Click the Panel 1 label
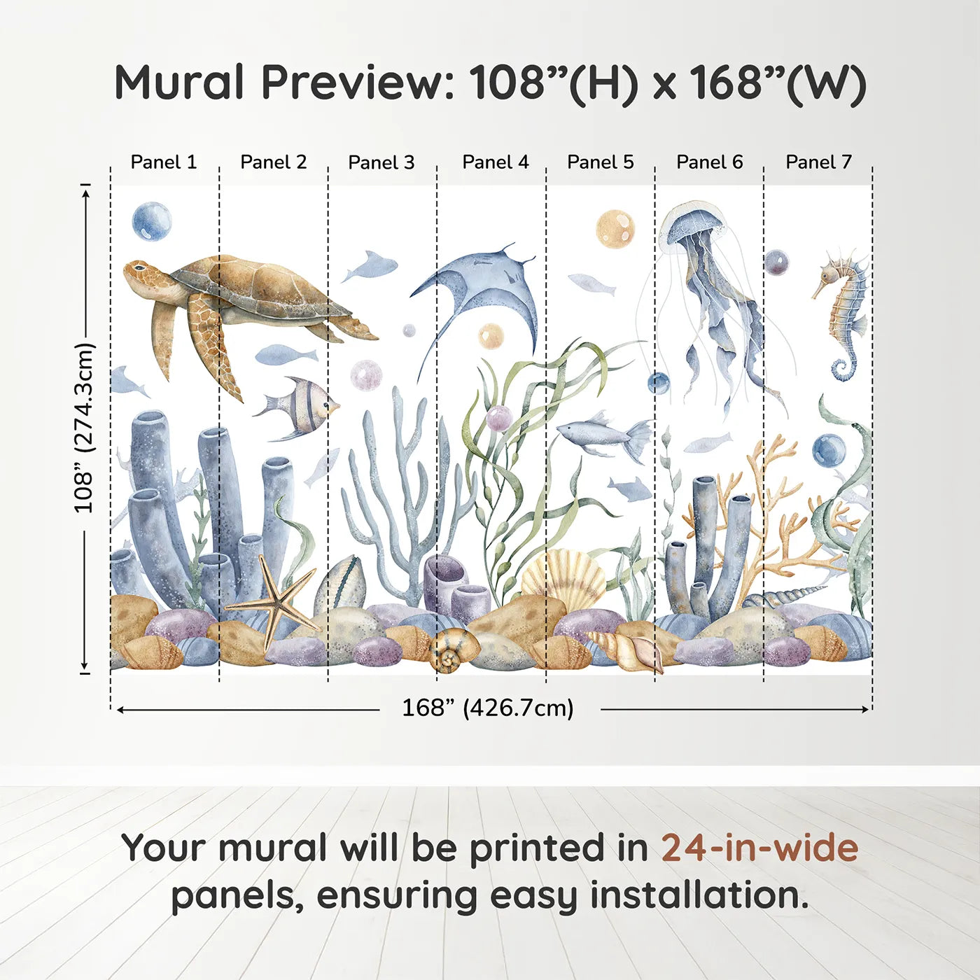pyautogui.click(x=164, y=162)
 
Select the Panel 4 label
pyautogui.click(x=496, y=162)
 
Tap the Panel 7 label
pyautogui.click(x=818, y=162)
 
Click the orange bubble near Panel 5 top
pyautogui.click(x=615, y=228)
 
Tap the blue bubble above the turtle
pyautogui.click(x=152, y=221)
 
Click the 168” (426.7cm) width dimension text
pyautogui.click(x=487, y=708)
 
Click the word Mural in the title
pyautogui.click(x=178, y=83)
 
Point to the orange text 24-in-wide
pyautogui.click(x=759, y=848)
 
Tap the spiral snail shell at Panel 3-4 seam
pyautogui.click(x=448, y=650)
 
